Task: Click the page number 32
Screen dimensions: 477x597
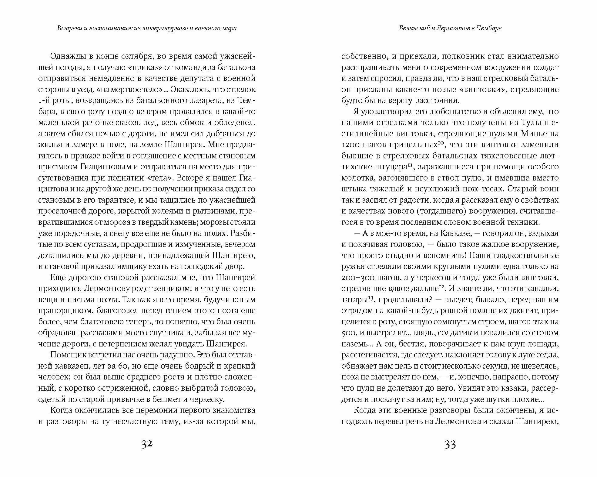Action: [x=146, y=445]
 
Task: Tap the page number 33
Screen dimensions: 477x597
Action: [x=450, y=445]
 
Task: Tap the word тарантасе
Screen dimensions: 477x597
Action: [x=123, y=200]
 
